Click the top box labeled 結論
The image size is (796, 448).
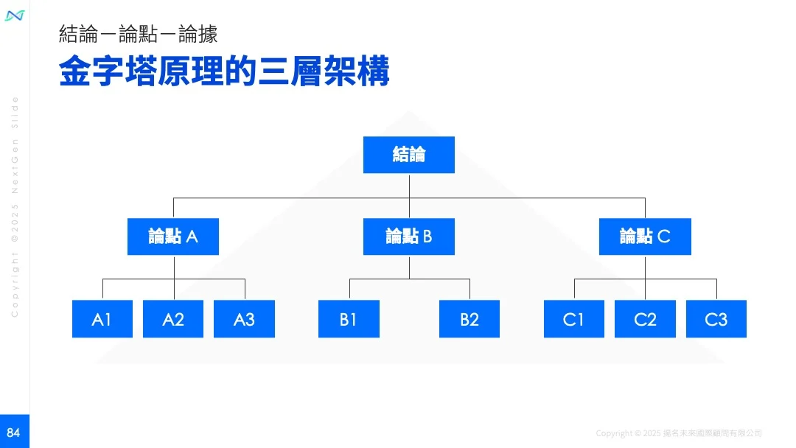pos(408,155)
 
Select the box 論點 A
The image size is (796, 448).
pos(172,237)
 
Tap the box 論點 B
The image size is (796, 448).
pos(408,237)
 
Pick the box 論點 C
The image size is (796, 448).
pos(645,237)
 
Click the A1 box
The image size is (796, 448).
pos(102,319)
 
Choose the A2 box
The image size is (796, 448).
pos(173,319)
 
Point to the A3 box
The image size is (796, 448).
pos(244,319)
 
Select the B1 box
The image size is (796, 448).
pos(349,319)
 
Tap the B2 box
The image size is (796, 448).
pos(469,319)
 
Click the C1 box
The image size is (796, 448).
pos(573,319)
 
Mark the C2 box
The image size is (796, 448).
pos(645,319)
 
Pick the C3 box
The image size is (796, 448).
pos(716,319)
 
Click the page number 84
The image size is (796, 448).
pos(14,433)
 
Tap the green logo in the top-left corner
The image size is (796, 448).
pos(15,15)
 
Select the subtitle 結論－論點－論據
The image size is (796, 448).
pos(138,34)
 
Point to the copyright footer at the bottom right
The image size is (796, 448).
pos(678,433)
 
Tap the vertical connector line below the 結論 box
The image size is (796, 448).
pos(409,186)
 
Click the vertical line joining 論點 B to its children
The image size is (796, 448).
pos(409,267)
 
